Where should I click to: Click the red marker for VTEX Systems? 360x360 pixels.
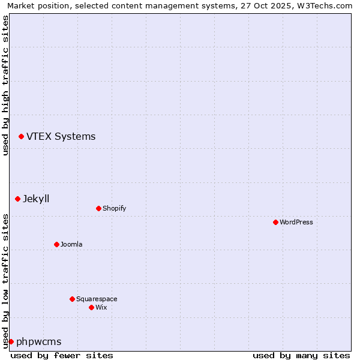[x=21, y=137]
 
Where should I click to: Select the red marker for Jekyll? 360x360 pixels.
[x=17, y=199]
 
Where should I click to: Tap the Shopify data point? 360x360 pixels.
[x=98, y=208]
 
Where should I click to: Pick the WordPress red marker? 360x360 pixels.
[x=275, y=222]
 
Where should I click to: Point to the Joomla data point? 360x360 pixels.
[x=56, y=244]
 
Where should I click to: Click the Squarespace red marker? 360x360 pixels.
[x=72, y=299]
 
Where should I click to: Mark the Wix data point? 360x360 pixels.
[x=91, y=307]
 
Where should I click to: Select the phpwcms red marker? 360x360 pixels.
[x=11, y=341]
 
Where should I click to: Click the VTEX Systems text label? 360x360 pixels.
[x=61, y=137]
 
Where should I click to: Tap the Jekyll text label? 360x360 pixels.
[x=36, y=199]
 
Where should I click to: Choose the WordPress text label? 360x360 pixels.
[x=296, y=222]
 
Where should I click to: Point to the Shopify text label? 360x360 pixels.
[x=114, y=208]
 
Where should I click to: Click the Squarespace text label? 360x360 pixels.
[x=97, y=299]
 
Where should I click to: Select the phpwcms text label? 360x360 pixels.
[x=39, y=341]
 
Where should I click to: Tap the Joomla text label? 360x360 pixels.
[x=71, y=244]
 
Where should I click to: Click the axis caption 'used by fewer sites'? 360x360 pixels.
[x=62, y=355]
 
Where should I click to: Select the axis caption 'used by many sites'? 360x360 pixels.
[x=301, y=355]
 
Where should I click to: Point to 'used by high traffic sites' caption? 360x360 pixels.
[x=5, y=86]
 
